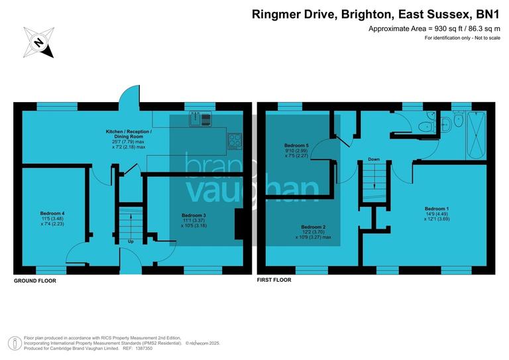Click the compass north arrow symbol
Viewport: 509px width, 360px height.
click(38, 43)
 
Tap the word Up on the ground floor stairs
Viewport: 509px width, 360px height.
click(131, 241)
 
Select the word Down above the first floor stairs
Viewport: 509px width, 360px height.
click(374, 159)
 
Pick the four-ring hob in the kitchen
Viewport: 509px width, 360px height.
click(235, 140)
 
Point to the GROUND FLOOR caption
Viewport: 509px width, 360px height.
click(35, 281)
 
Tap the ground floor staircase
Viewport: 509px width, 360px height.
click(130, 219)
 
